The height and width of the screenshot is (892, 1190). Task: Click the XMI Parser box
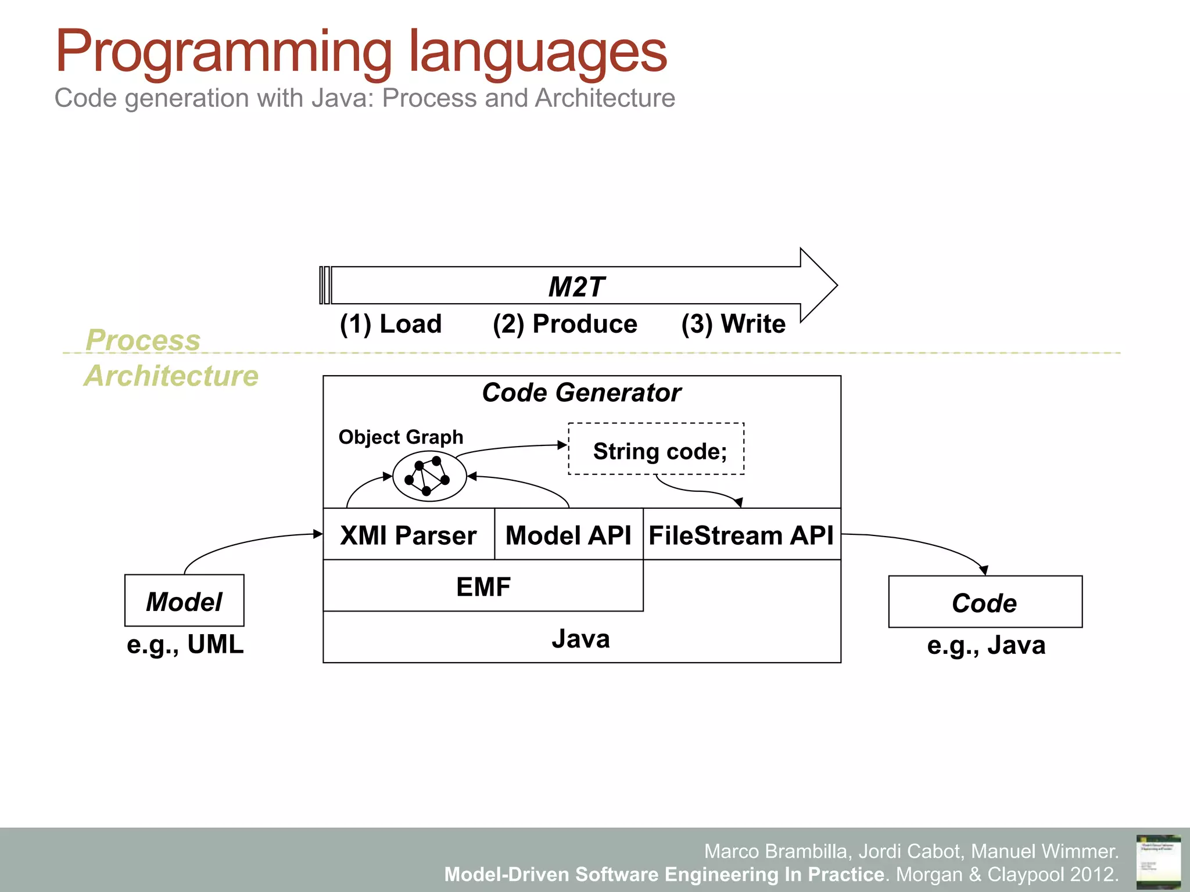point(408,535)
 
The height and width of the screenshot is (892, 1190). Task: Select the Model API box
point(568,535)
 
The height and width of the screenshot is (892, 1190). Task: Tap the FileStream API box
point(741,535)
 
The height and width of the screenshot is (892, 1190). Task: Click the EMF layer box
point(483,587)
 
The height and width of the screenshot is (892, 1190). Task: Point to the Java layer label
point(581,639)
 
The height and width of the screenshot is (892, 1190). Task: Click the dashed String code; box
point(656,450)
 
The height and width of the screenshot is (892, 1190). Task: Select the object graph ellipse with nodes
point(429,477)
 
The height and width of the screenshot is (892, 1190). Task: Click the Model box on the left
point(184,601)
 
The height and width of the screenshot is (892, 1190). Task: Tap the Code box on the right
point(985,602)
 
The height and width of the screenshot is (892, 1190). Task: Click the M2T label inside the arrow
point(576,287)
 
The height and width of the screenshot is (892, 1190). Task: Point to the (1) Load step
point(390,324)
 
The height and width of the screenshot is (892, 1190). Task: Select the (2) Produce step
point(565,324)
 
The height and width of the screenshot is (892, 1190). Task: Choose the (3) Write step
point(733,324)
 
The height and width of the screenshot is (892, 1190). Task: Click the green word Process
point(143,340)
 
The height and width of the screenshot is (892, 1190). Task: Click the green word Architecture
point(171,376)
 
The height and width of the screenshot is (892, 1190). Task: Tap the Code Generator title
point(581,393)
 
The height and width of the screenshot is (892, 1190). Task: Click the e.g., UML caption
point(185,645)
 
